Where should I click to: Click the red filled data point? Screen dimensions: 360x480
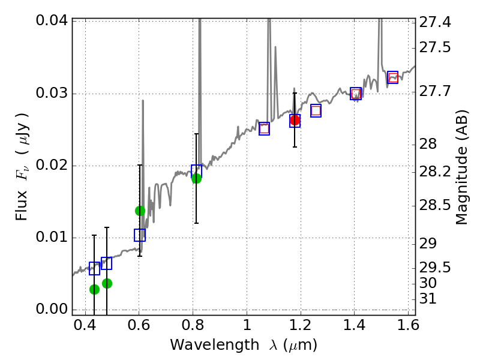click(295, 121)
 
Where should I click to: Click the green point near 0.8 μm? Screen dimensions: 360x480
click(196, 178)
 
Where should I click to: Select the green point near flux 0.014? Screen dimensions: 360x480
click(140, 211)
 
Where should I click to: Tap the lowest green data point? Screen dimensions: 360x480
click(94, 289)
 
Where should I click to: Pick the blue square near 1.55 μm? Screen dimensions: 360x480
click(393, 77)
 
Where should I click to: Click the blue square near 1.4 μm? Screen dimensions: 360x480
click(356, 94)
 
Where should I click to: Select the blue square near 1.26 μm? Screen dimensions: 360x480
click(316, 110)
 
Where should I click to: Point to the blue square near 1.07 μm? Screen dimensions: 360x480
click(264, 128)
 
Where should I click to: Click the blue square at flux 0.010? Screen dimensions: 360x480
click(140, 235)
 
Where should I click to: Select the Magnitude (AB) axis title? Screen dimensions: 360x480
click(461, 171)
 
